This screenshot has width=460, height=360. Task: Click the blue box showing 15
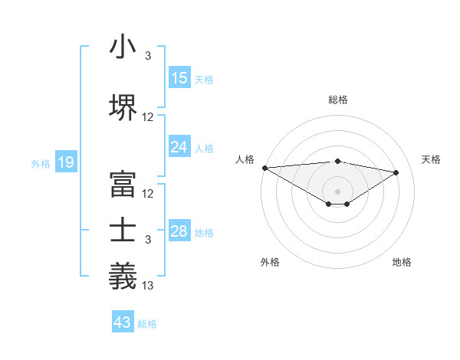click(x=179, y=78)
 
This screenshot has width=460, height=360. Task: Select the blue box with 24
click(x=179, y=147)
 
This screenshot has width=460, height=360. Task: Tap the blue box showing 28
click(x=179, y=231)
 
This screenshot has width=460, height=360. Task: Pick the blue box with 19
click(x=65, y=162)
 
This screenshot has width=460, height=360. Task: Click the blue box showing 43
click(x=123, y=322)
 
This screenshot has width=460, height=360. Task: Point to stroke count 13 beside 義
click(x=148, y=286)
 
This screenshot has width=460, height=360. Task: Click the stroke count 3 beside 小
click(x=148, y=56)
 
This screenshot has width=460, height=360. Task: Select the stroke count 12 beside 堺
click(x=148, y=117)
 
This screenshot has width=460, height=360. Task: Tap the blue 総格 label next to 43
click(x=147, y=324)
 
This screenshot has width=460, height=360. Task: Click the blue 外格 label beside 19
click(x=40, y=163)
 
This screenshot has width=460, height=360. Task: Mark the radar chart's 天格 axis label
click(x=432, y=159)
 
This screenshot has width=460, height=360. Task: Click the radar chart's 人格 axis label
click(x=245, y=159)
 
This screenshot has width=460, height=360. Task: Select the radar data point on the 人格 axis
click(x=264, y=168)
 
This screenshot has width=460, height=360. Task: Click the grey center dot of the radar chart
click(x=337, y=190)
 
